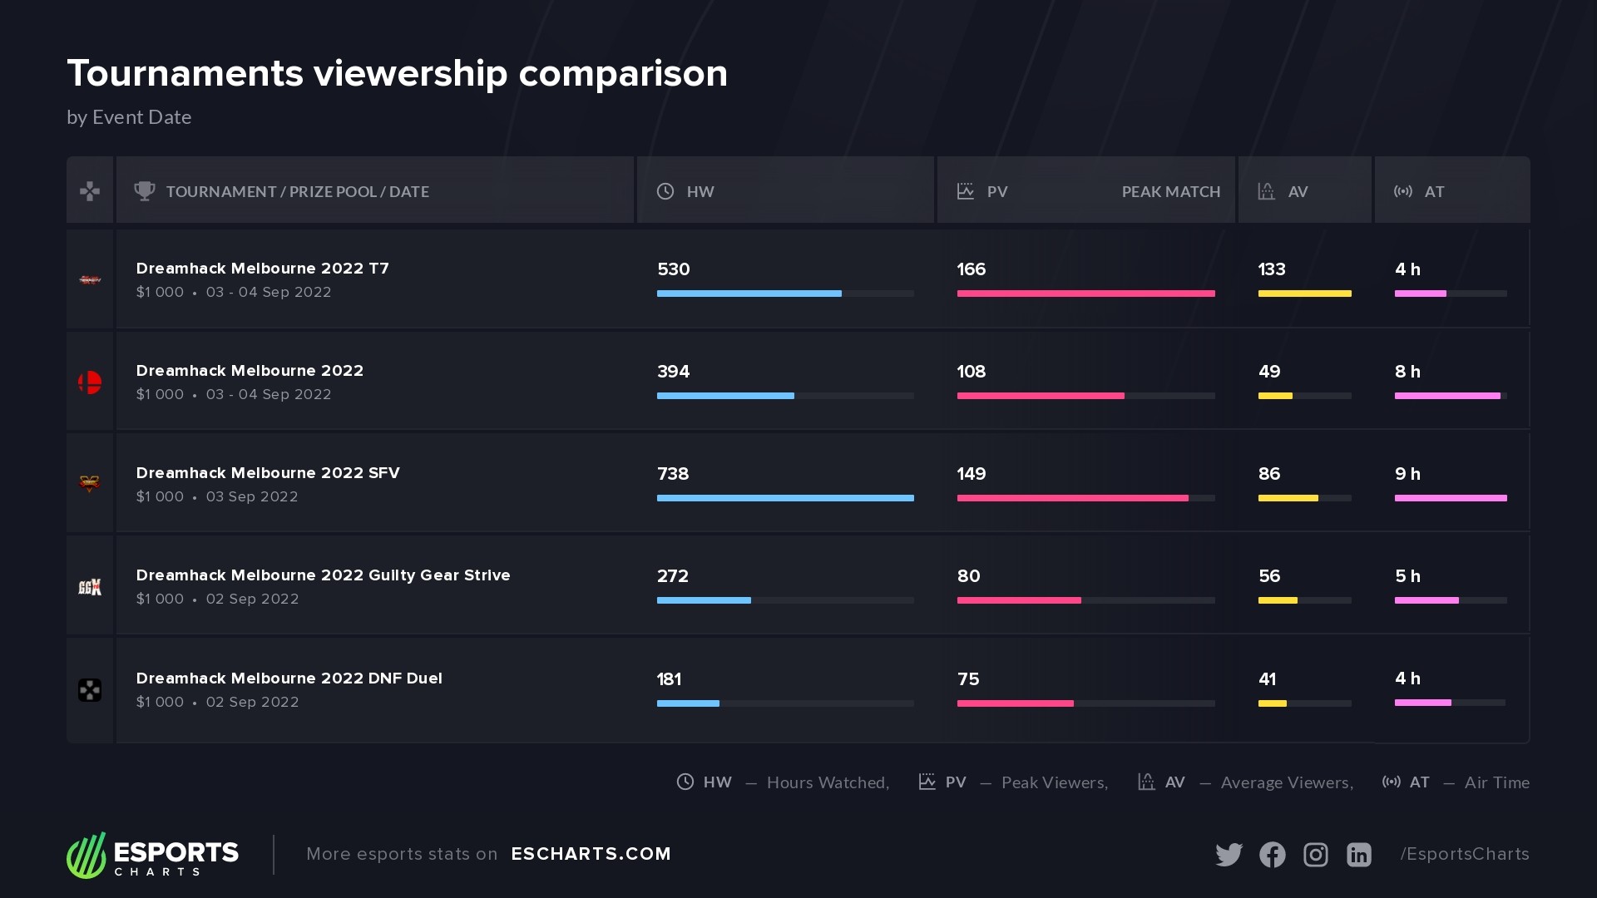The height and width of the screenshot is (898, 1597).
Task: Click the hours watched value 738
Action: click(x=673, y=474)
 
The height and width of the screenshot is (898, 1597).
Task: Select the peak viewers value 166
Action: click(x=971, y=269)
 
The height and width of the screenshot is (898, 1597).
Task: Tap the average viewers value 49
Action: click(x=1269, y=372)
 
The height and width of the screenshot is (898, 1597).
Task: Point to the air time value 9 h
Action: click(x=1407, y=474)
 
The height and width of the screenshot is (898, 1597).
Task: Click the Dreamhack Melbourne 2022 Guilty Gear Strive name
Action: click(x=323, y=575)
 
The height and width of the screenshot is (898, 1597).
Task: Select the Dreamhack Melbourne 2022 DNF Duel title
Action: click(x=289, y=678)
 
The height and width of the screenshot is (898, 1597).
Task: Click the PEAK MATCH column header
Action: click(x=1170, y=192)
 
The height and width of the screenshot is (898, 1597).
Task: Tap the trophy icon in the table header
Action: click(x=145, y=191)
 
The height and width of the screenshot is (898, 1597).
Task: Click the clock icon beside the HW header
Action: click(x=665, y=191)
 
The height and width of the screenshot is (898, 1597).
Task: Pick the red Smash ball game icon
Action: click(x=90, y=382)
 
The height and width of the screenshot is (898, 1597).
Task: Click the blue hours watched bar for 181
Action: click(x=688, y=703)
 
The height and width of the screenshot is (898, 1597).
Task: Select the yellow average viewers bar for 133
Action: click(x=1304, y=294)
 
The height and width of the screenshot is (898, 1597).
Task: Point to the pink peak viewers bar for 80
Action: click(x=1019, y=600)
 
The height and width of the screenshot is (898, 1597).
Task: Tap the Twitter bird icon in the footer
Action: click(x=1229, y=855)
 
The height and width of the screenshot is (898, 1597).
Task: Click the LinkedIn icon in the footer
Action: click(x=1358, y=855)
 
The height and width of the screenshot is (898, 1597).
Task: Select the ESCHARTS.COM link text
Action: click(x=591, y=854)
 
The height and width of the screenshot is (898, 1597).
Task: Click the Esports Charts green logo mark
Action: click(x=87, y=855)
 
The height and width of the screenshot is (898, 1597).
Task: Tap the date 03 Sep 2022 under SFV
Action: click(x=252, y=496)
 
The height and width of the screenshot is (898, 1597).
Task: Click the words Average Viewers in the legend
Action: click(x=1287, y=782)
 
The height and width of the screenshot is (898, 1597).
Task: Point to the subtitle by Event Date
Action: click(x=129, y=117)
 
